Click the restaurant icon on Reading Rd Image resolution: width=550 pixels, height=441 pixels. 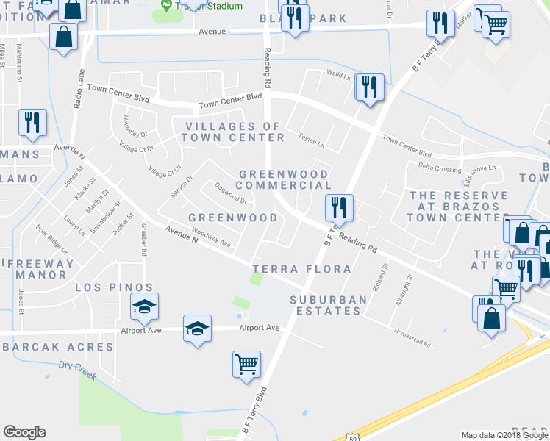338,207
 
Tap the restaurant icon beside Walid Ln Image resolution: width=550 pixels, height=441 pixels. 367,87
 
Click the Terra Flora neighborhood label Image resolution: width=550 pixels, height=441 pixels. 301,270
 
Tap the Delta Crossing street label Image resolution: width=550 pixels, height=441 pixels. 440,168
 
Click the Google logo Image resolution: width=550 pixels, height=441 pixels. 24,432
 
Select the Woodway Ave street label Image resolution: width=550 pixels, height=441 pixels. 211,238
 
